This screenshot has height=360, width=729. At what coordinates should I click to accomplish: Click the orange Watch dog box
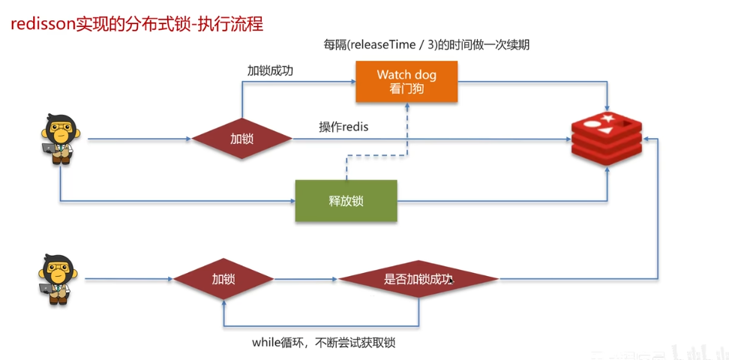point(406,82)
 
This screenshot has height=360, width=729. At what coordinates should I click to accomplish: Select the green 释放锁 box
point(346,201)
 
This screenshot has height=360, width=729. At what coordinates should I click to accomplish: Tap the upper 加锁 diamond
point(242,139)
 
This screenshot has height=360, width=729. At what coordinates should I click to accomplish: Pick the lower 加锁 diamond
point(223,279)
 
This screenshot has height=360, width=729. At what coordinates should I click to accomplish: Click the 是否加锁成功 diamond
point(418,279)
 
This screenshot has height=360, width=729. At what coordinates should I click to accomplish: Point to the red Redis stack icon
point(607,136)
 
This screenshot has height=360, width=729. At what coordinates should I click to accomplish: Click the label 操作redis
point(343,127)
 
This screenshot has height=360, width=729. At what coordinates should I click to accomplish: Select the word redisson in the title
point(42,24)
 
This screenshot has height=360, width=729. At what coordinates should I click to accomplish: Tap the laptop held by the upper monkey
point(48,148)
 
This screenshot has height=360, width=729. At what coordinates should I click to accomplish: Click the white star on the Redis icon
point(607,118)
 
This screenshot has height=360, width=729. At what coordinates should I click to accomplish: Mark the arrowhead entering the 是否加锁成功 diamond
point(334,280)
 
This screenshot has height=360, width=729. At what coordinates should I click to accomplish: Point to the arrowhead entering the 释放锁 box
point(292,202)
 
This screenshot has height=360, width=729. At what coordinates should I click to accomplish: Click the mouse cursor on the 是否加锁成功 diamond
point(451,281)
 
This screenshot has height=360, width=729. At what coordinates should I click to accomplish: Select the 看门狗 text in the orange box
point(406,88)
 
